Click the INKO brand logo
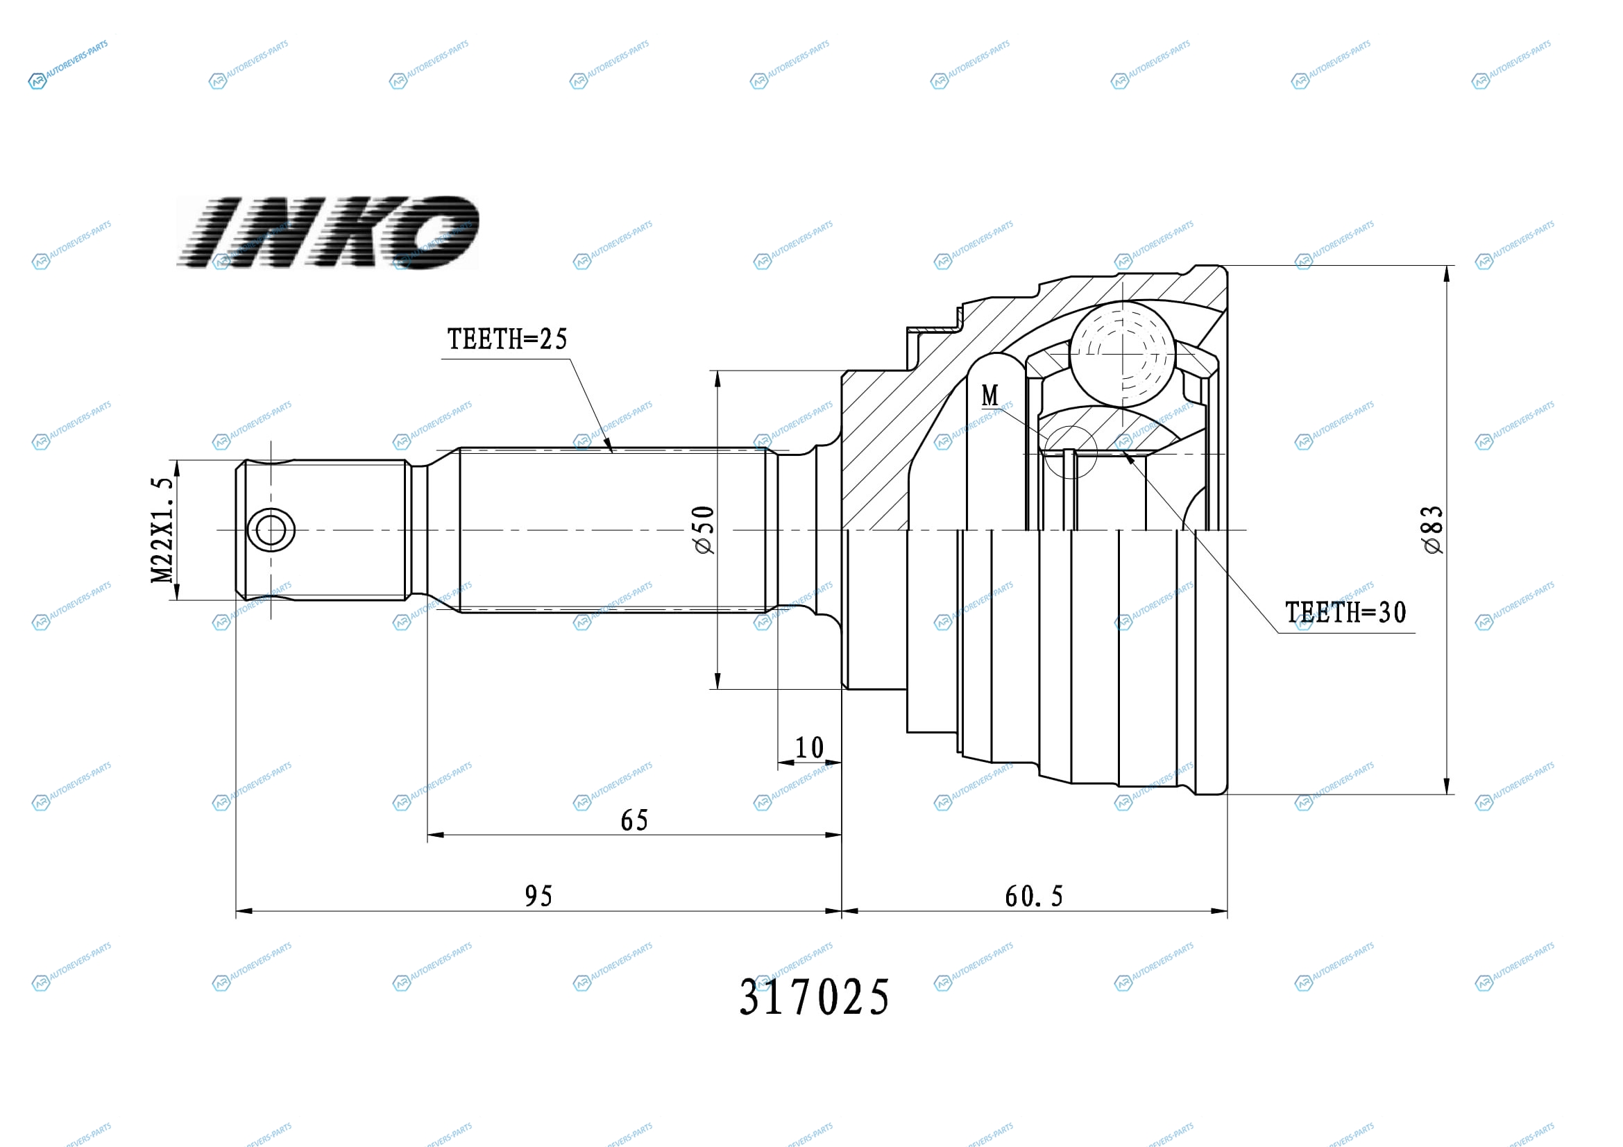328,232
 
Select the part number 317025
815,998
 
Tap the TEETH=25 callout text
507,339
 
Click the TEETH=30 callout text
1346,613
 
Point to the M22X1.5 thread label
162,530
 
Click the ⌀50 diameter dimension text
704,530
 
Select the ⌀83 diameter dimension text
1432,530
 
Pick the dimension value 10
809,748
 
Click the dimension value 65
634,820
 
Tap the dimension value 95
538,896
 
